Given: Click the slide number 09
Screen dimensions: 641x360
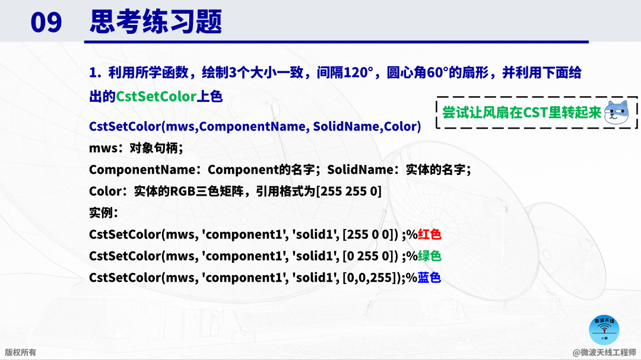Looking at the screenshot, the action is (46, 22).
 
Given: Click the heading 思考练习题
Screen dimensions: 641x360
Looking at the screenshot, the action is (156, 22).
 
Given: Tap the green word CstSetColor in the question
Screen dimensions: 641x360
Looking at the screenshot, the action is (156, 97).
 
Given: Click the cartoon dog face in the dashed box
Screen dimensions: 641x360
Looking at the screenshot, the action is (617, 112).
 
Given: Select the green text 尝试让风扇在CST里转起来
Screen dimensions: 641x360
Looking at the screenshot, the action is (522, 112).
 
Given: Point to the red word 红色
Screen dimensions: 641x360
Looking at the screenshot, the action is (429, 234).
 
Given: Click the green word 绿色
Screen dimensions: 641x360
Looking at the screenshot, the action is (429, 256).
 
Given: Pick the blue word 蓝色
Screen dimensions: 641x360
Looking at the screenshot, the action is (429, 278).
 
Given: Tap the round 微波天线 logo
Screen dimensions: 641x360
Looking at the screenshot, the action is (604, 330).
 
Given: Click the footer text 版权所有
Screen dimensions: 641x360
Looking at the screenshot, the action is (20, 352).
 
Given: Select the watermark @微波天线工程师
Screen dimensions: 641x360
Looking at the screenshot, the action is (604, 352).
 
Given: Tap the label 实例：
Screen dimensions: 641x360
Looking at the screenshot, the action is (104, 213).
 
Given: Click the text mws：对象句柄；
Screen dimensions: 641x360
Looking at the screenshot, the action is (136, 148).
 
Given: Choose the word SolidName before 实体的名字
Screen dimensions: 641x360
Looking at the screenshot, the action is (360, 170).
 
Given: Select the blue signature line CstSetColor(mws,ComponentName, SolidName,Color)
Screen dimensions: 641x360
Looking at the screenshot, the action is (255, 126).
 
